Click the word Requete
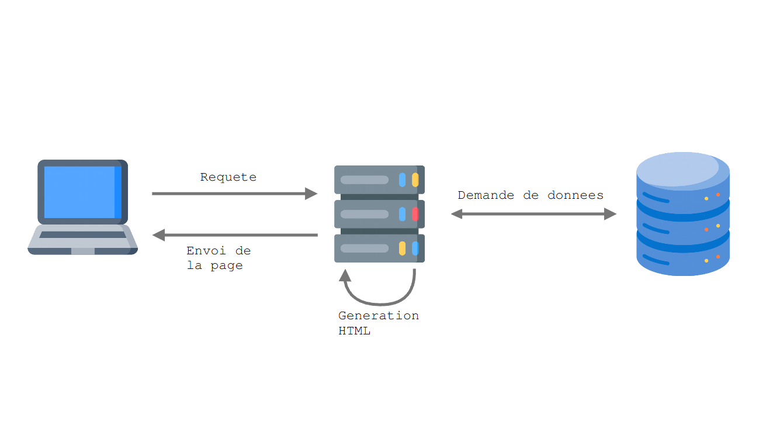[x=228, y=177]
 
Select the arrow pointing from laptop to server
[x=234, y=194]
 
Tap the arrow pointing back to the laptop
[x=234, y=235]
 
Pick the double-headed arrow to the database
[x=533, y=214]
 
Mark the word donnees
[x=575, y=195]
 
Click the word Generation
[x=379, y=316]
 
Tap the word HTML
[x=354, y=331]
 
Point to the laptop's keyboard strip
[x=82, y=234]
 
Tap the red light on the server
[x=415, y=214]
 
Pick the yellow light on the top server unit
[x=415, y=179]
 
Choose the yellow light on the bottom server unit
[x=402, y=248]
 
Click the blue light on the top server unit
[x=402, y=179]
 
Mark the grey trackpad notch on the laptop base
[x=82, y=251]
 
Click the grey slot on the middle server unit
[x=365, y=214]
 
